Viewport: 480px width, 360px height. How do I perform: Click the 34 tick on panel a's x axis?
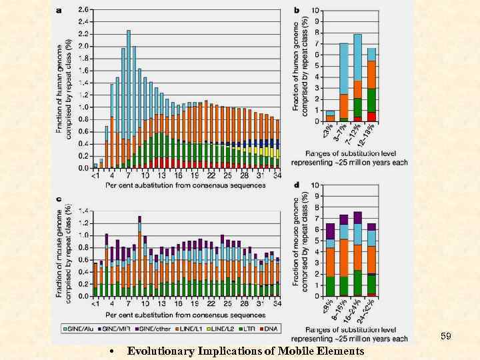277,175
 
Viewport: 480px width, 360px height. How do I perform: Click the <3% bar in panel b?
329,117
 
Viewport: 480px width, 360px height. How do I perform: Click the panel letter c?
60,199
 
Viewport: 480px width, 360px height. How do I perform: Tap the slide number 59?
446,337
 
